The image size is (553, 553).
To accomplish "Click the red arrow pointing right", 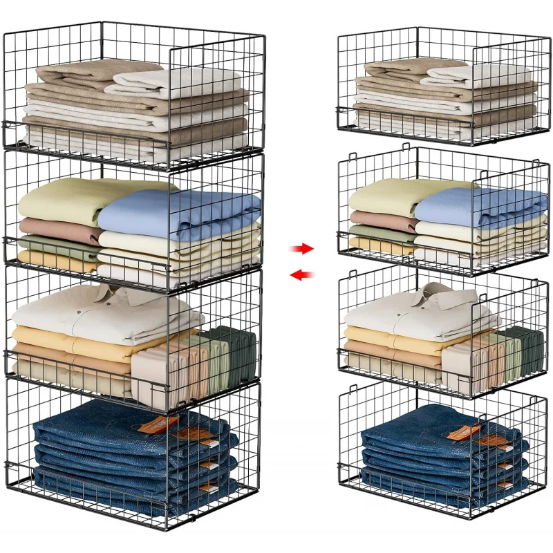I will [x=302, y=248].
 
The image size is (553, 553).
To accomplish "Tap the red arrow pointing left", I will [x=301, y=275].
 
